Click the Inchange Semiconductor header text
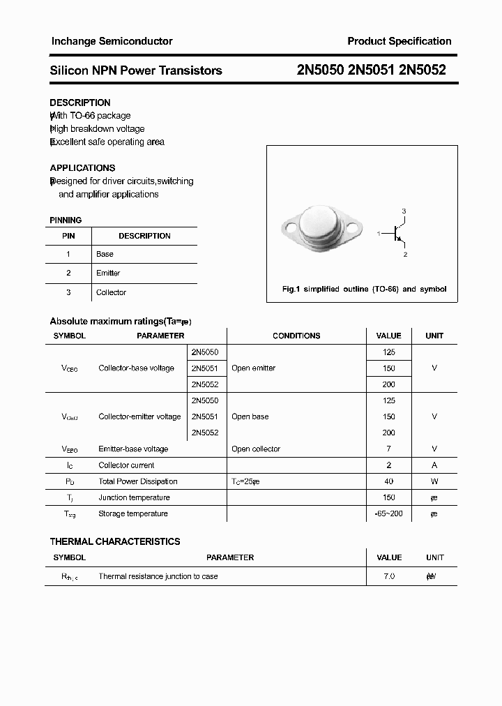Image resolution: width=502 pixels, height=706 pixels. (112, 41)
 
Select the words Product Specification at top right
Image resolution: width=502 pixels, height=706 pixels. (399, 41)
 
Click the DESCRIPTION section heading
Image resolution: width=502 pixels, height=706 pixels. (80, 103)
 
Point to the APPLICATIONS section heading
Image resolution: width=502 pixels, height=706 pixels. (82, 167)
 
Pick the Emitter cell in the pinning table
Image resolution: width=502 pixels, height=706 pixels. (108, 273)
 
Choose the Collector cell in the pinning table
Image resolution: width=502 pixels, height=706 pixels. (111, 292)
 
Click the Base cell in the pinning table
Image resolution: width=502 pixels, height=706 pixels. (105, 254)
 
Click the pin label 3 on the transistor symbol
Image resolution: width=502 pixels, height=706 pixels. (404, 211)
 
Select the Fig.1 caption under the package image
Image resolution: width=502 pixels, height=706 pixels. (364, 289)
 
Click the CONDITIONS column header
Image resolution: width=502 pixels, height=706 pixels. (296, 336)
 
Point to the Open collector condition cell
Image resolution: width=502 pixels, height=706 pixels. (256, 449)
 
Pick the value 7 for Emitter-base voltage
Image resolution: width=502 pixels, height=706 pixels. (388, 449)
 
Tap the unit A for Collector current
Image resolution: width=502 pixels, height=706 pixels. (434, 465)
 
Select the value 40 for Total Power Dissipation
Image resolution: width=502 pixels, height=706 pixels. (388, 481)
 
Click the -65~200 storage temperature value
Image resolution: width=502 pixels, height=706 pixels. (388, 513)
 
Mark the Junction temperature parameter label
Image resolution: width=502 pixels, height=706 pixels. (134, 497)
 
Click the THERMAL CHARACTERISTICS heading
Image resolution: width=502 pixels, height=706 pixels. (115, 541)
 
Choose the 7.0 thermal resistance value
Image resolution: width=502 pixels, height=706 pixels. (388, 576)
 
